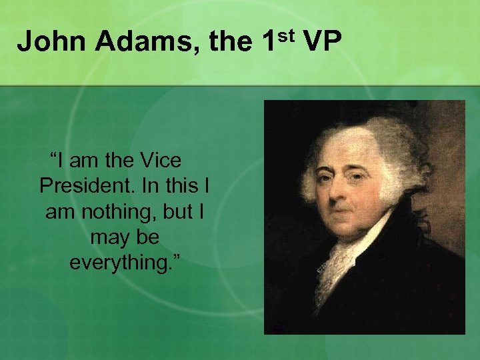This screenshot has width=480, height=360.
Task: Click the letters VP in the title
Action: click(x=323, y=42)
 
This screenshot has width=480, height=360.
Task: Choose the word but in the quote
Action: click(x=177, y=211)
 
